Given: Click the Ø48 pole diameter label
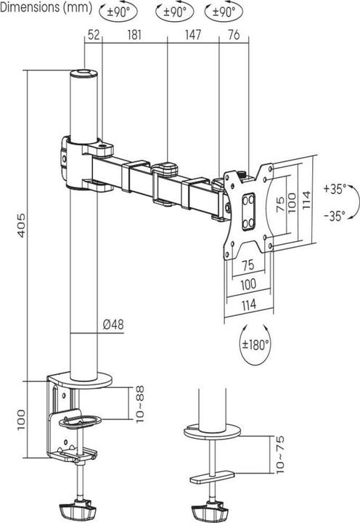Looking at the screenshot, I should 112,325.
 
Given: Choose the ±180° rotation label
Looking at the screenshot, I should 255,344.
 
